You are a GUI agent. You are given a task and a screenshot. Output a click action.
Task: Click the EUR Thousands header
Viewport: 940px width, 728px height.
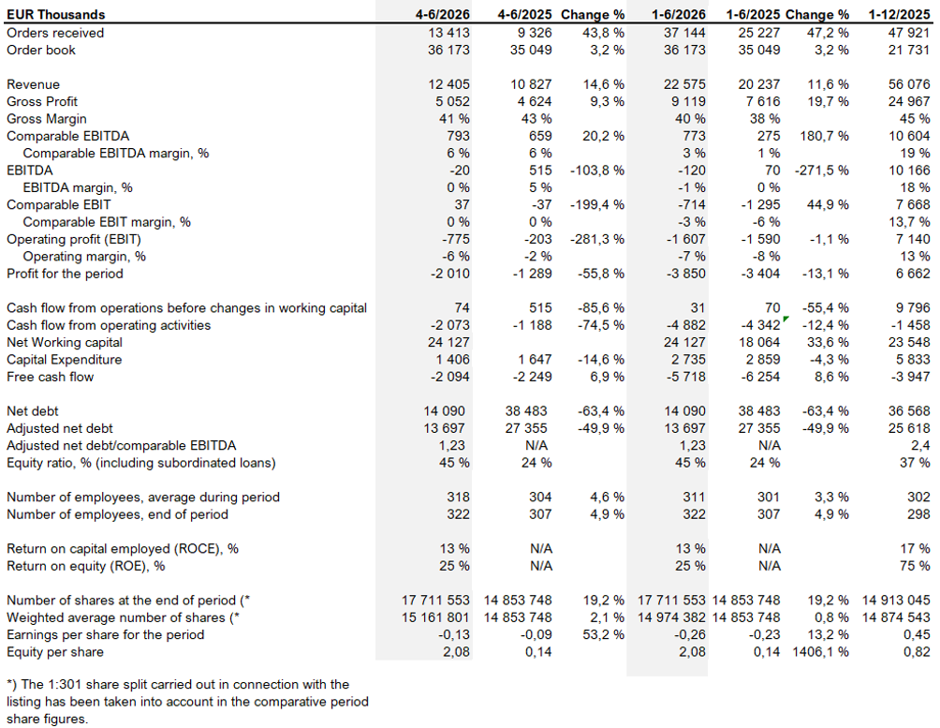(x=56, y=14)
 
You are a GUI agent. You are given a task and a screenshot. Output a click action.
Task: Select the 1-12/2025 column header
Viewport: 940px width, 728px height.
(x=899, y=14)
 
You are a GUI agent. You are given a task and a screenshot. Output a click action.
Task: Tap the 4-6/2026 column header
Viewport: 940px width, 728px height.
(x=443, y=14)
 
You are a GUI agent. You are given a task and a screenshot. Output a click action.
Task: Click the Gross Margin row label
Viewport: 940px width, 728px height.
(x=47, y=119)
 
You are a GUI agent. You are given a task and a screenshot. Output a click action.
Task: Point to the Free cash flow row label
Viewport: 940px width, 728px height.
(x=51, y=377)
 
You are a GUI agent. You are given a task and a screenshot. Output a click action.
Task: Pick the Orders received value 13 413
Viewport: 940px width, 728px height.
(x=449, y=33)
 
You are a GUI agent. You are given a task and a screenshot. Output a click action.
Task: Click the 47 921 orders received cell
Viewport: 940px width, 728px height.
(x=909, y=33)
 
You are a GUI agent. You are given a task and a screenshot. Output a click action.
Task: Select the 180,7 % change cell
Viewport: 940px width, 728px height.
(x=824, y=136)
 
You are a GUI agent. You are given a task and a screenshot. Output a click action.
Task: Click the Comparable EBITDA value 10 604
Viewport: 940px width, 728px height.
(x=909, y=136)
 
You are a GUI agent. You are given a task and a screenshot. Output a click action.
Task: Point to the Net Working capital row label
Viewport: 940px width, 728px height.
(x=65, y=343)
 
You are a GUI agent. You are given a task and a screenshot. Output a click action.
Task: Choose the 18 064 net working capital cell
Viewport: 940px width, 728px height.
(x=759, y=343)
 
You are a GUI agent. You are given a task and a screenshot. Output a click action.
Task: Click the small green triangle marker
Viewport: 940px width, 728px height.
(x=786, y=319)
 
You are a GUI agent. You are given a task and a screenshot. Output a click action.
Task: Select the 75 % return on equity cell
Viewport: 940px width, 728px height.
(x=915, y=566)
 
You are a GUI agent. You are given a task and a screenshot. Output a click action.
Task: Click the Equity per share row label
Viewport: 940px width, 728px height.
(x=55, y=652)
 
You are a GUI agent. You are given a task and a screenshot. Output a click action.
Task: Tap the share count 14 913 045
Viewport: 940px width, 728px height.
(x=896, y=601)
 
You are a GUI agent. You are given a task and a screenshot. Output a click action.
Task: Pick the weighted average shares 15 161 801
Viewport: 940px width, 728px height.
(x=436, y=617)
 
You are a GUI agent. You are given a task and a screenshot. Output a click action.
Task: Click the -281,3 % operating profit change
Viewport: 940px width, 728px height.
(x=597, y=240)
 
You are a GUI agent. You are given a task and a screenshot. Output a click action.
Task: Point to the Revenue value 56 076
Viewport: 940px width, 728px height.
(x=909, y=84)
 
